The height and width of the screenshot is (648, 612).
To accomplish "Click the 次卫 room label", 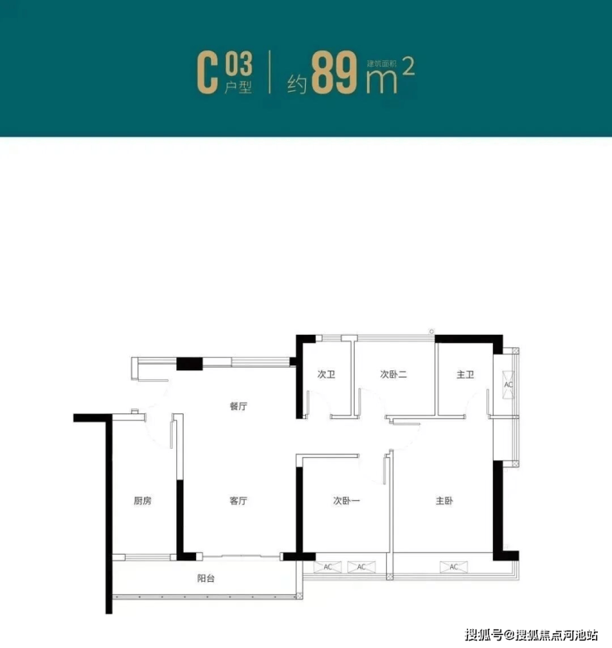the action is click(326, 374).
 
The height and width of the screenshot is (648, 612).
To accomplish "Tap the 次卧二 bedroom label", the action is click(394, 374).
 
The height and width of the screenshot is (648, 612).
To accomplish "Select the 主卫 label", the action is click(465, 375).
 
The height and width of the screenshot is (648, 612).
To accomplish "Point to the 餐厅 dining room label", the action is click(238, 407).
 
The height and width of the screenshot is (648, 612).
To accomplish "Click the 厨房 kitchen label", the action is click(142, 501).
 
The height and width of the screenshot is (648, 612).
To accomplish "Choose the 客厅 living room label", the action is click(238, 501).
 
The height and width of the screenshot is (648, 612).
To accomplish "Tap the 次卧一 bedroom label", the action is click(347, 501).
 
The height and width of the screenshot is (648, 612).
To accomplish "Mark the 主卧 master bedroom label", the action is click(444, 501).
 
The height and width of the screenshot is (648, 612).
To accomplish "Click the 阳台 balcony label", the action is click(206, 579).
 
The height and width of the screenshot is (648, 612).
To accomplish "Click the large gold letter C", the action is click(207, 73).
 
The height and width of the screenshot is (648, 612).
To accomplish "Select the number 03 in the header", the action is click(238, 64).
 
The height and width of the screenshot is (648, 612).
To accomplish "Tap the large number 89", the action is click(334, 73).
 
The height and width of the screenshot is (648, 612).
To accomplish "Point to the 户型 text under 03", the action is click(238, 88).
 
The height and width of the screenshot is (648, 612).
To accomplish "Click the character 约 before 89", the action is click(298, 84).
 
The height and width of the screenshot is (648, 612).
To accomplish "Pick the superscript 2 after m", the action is click(409, 66).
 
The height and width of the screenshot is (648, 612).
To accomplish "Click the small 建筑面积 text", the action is click(381, 64).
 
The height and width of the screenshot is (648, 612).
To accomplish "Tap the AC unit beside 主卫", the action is click(508, 385).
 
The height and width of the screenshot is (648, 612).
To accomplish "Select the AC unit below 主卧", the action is click(453, 567).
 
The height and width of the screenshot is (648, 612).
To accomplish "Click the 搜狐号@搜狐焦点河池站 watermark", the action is click(531, 635).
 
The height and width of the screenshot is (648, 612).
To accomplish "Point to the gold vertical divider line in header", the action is click(270, 72).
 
